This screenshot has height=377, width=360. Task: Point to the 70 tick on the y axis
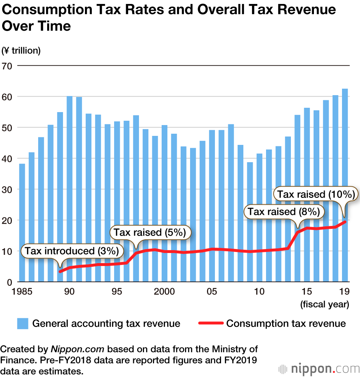tap(7, 66)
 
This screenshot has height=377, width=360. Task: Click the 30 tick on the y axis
tap(7, 189)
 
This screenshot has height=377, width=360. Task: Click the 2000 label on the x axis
tap(165, 291)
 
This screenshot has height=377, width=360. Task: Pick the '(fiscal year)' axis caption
tap(325, 305)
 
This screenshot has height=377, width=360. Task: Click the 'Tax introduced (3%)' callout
tap(72, 251)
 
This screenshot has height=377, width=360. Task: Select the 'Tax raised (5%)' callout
tap(150, 232)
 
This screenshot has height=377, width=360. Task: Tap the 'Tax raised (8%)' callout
tap(284, 212)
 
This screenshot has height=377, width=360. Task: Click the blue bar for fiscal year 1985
tap(22, 223)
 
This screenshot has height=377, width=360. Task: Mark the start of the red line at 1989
tap(60, 271)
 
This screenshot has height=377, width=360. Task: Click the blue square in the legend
tap(22, 323)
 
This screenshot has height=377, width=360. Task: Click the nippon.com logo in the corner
tap(319, 369)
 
